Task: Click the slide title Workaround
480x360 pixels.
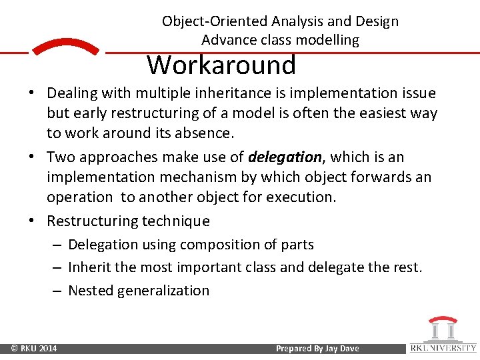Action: pyautogui.click(x=221, y=65)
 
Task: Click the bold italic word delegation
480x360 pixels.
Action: pyautogui.click(x=285, y=157)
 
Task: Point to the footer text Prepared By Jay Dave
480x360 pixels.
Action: pyautogui.click(x=317, y=349)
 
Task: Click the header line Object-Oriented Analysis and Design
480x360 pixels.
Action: pyautogui.click(x=280, y=21)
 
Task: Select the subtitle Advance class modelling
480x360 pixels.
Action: pyautogui.click(x=280, y=40)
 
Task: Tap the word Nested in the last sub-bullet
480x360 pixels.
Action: pyautogui.click(x=91, y=291)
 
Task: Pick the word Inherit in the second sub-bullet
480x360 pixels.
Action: pyautogui.click(x=88, y=267)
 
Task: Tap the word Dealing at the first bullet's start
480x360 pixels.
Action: pyautogui.click(x=72, y=93)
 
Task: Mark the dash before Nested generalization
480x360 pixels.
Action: pyautogui.click(x=57, y=291)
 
